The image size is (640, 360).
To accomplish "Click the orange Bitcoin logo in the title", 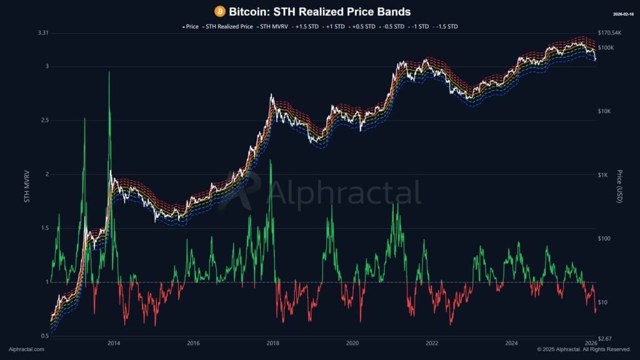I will click(219, 11).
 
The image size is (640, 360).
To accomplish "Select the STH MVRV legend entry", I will click(275, 26).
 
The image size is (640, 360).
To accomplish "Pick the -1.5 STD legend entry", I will click(446, 26).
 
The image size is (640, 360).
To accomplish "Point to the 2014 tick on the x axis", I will click(114, 343).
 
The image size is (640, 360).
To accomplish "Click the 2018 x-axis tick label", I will click(273, 343).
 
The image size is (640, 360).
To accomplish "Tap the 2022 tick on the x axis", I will click(432, 343).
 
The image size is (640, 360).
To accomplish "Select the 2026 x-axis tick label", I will click(591, 343).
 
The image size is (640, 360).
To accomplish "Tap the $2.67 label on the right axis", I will click(607, 338).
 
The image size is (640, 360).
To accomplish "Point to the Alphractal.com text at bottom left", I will click(26, 349).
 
